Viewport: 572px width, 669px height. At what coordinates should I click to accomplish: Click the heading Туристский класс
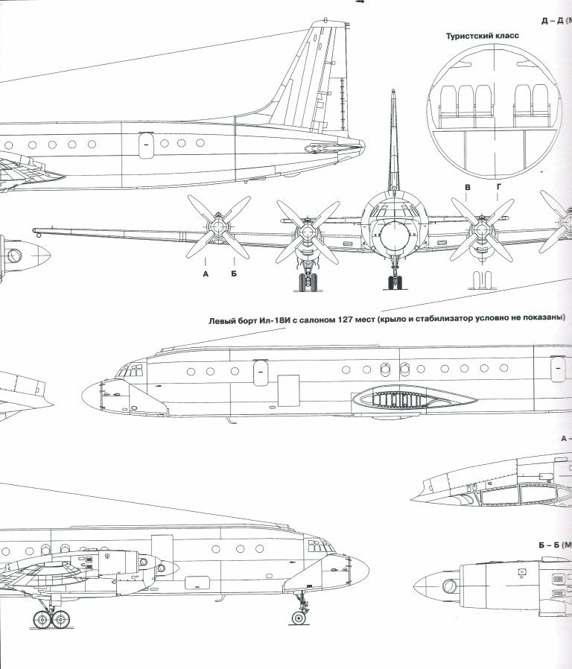[x=482, y=36]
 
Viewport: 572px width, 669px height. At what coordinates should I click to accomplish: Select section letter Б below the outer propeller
[x=233, y=273]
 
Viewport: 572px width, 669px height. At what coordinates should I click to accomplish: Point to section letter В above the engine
[x=468, y=188]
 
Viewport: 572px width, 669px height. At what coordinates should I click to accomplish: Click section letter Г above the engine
[x=498, y=188]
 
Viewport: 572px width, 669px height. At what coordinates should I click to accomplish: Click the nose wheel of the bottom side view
[x=299, y=618]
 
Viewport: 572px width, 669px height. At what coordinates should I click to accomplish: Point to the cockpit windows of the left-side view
[x=131, y=369]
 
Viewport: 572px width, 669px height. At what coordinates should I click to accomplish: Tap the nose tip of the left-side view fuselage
[x=84, y=393]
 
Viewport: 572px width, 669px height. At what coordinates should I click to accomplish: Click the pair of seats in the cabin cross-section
[x=530, y=101]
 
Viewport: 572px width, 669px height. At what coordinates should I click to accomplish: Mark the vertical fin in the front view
[x=393, y=142]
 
